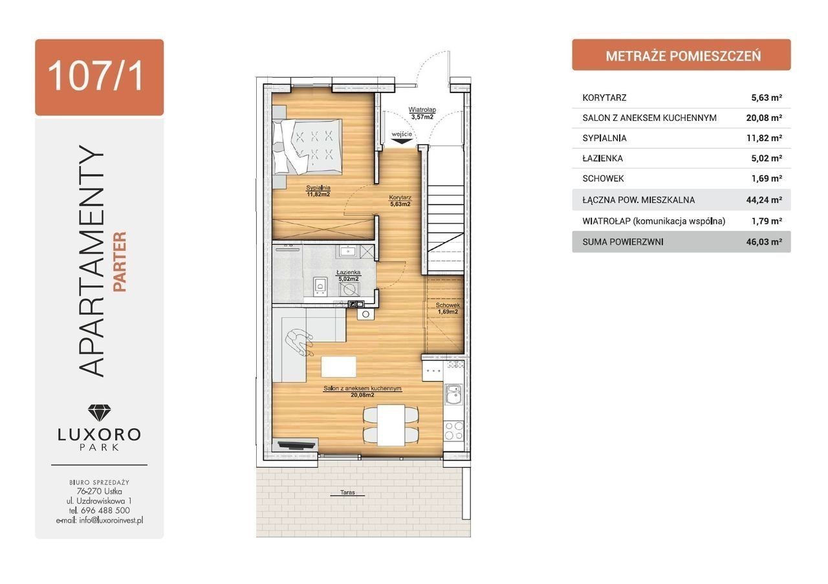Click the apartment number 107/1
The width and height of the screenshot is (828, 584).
point(95,77)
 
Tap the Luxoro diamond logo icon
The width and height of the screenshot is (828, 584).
point(100,413)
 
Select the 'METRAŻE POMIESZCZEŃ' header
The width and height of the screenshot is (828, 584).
point(683,56)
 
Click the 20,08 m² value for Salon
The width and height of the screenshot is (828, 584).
point(764,118)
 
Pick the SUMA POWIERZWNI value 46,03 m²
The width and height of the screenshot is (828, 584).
point(764,242)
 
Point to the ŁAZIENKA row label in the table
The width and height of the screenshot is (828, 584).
point(602,158)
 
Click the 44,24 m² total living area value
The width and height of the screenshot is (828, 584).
point(764,200)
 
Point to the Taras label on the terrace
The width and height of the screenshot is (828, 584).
point(347,492)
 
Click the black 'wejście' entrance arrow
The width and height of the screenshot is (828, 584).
point(402,140)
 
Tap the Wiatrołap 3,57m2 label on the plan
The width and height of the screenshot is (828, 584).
point(422,113)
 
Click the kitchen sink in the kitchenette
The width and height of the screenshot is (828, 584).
point(453,395)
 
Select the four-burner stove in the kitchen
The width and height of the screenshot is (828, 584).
point(453,431)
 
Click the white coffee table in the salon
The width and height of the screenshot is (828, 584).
point(338,367)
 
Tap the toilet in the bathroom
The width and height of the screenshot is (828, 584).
point(320,287)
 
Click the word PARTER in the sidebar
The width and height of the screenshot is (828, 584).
point(120,262)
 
